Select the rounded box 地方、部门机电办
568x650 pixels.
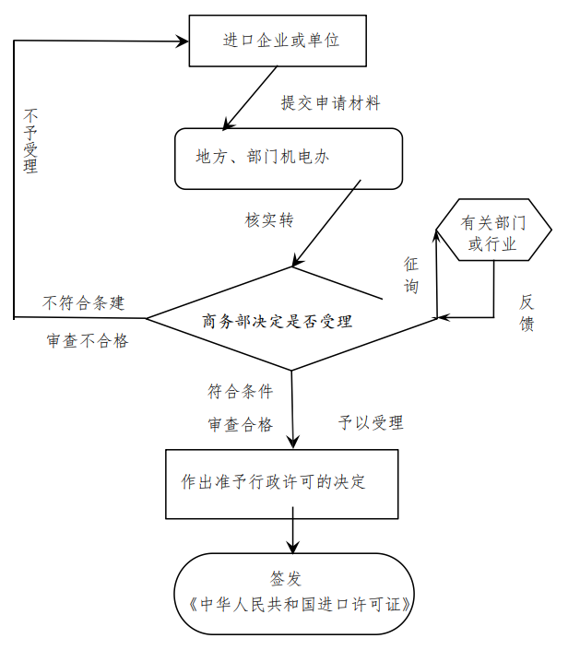(x=289, y=159)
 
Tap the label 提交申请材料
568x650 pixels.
(x=330, y=103)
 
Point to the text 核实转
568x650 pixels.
(x=268, y=220)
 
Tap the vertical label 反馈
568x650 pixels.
(x=527, y=313)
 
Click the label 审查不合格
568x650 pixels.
(x=88, y=341)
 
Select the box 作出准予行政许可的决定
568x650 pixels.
(x=281, y=483)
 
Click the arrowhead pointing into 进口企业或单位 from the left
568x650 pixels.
(x=182, y=41)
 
